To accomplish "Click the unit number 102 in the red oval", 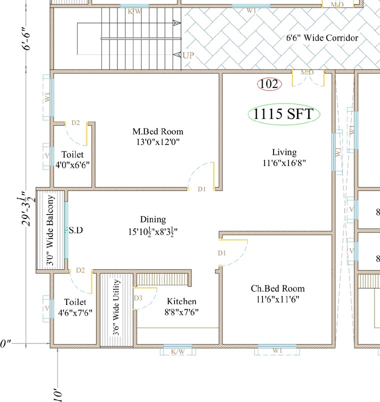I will pyautogui.click(x=269, y=84).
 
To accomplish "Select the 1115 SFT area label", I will pyautogui.click(x=283, y=114).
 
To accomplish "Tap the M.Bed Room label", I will pyautogui.click(x=157, y=131).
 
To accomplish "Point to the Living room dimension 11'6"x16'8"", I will pyautogui.click(x=284, y=162).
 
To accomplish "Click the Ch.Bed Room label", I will pyautogui.click(x=277, y=288).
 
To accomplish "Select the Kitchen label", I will pyautogui.click(x=181, y=301).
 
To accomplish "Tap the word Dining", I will pyautogui.click(x=153, y=219).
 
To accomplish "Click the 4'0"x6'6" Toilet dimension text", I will pyautogui.click(x=73, y=165).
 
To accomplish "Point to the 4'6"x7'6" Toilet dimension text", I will pyautogui.click(x=75, y=313).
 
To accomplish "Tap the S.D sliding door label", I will pyautogui.click(x=75, y=230).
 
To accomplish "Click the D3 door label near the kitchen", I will pyautogui.click(x=138, y=298).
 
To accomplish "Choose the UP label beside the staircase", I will pyautogui.click(x=188, y=55).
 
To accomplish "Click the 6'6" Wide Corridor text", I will pyautogui.click(x=322, y=37).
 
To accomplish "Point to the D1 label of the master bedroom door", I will pyautogui.click(x=202, y=189).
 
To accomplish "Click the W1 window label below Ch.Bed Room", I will pyautogui.click(x=278, y=351).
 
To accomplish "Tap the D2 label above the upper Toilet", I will pyautogui.click(x=75, y=122).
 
